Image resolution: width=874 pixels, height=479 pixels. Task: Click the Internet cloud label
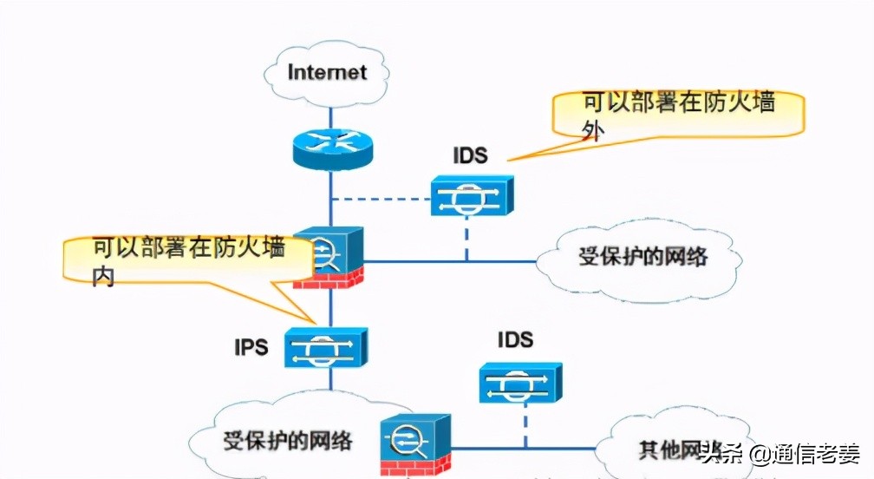pyautogui.click(x=328, y=71)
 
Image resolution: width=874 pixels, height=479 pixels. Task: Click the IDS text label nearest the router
pyautogui.click(x=470, y=156)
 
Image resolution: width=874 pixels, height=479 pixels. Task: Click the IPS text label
pyautogui.click(x=251, y=347)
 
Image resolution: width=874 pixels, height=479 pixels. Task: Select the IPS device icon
pyautogui.click(x=329, y=348)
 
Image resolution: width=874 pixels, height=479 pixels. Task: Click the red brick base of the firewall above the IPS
pyautogui.click(x=328, y=279)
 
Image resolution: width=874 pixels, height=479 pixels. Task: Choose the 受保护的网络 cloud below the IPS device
pyautogui.click(x=287, y=439)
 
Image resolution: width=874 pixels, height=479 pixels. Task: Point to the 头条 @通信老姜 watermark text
pyautogui.click(x=779, y=453)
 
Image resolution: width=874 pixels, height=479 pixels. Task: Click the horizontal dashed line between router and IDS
pyautogui.click(x=382, y=198)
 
